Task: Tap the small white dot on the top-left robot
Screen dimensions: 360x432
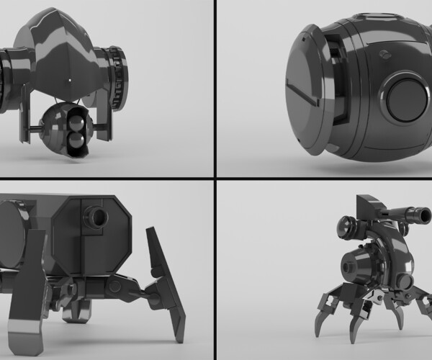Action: [69, 78]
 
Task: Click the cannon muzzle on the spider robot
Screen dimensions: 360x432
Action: [417, 212]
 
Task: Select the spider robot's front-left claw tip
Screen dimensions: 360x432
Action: [319, 332]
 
